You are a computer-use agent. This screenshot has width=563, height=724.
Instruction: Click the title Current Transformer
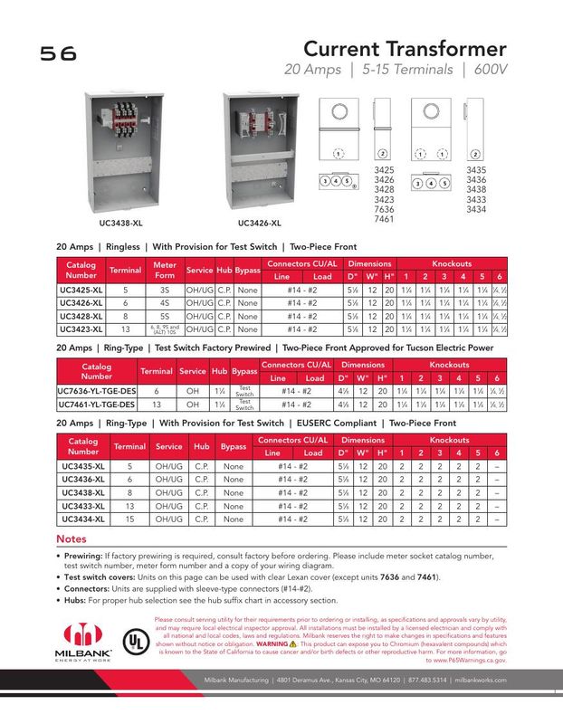click(404, 47)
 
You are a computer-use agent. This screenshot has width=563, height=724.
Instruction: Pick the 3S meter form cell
click(165, 290)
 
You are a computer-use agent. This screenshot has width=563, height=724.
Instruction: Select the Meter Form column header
click(165, 270)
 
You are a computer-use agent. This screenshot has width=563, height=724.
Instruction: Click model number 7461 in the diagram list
click(385, 219)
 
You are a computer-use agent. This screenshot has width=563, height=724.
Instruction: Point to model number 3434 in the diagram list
click(476, 209)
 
